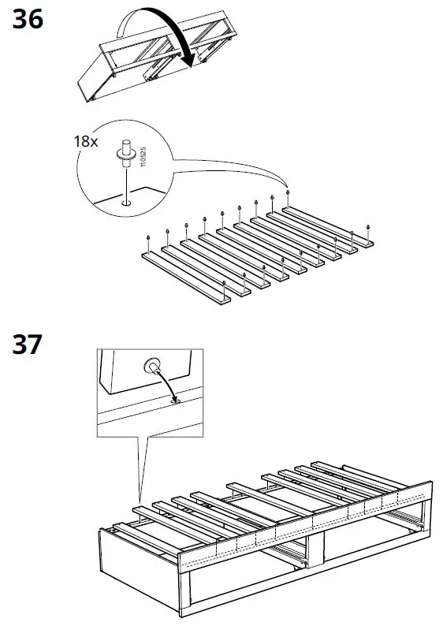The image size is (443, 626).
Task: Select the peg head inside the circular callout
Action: point(124,150)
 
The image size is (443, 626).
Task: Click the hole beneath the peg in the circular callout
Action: point(124,203)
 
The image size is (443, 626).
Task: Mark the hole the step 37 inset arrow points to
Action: point(174,401)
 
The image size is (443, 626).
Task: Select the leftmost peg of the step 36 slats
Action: point(148,237)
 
